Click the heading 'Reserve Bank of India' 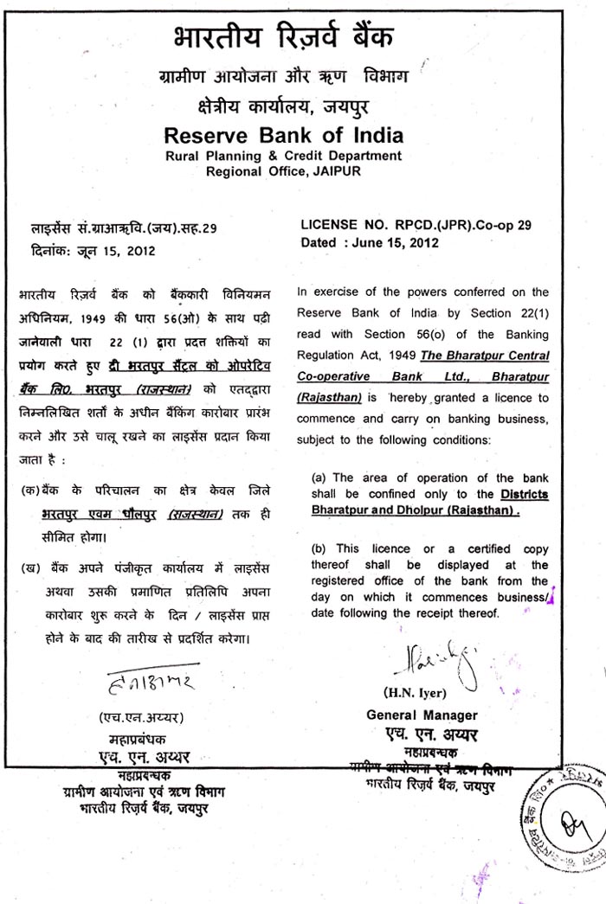284,136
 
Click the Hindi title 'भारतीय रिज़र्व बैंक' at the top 284,39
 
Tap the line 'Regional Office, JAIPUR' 283,171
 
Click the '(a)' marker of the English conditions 319,478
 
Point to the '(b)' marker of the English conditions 319,548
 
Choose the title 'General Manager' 422,715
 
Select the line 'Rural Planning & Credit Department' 284,156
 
